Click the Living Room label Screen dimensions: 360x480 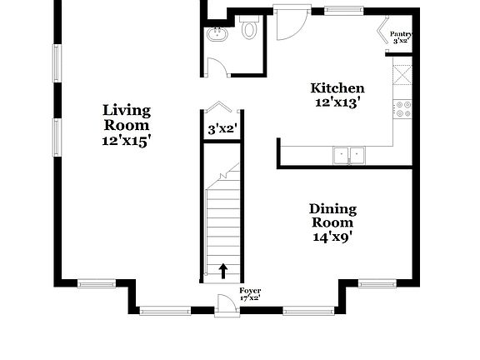(127, 117)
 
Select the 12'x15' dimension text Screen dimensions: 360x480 (127, 140)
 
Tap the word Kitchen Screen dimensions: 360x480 (337, 88)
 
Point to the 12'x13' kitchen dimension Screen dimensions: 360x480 (337, 103)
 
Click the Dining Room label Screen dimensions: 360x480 (332, 216)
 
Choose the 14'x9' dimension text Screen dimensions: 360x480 (332, 237)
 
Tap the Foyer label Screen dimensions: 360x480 (250, 291)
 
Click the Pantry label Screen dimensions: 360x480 (402, 34)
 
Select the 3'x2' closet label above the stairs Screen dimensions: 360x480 (222, 129)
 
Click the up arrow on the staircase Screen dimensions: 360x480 (223, 271)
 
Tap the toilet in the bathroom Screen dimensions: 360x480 (249, 29)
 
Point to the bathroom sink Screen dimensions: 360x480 (217, 35)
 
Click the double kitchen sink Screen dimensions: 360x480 (348, 154)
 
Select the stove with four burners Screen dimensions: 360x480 (403, 109)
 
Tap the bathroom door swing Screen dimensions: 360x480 (217, 67)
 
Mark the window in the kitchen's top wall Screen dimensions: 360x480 (344, 11)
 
